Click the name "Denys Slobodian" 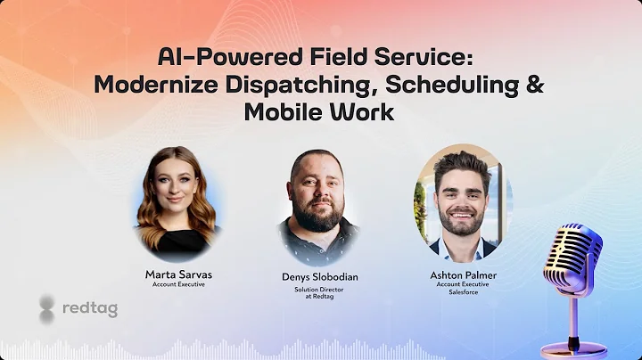pyautogui.click(x=320, y=276)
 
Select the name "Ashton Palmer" pyautogui.click(x=463, y=274)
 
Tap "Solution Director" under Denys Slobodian pyautogui.click(x=320, y=290)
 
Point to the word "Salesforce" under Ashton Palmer pyautogui.click(x=463, y=291)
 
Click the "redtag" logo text pyautogui.click(x=90, y=308)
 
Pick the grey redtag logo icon pyautogui.click(x=47, y=308)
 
